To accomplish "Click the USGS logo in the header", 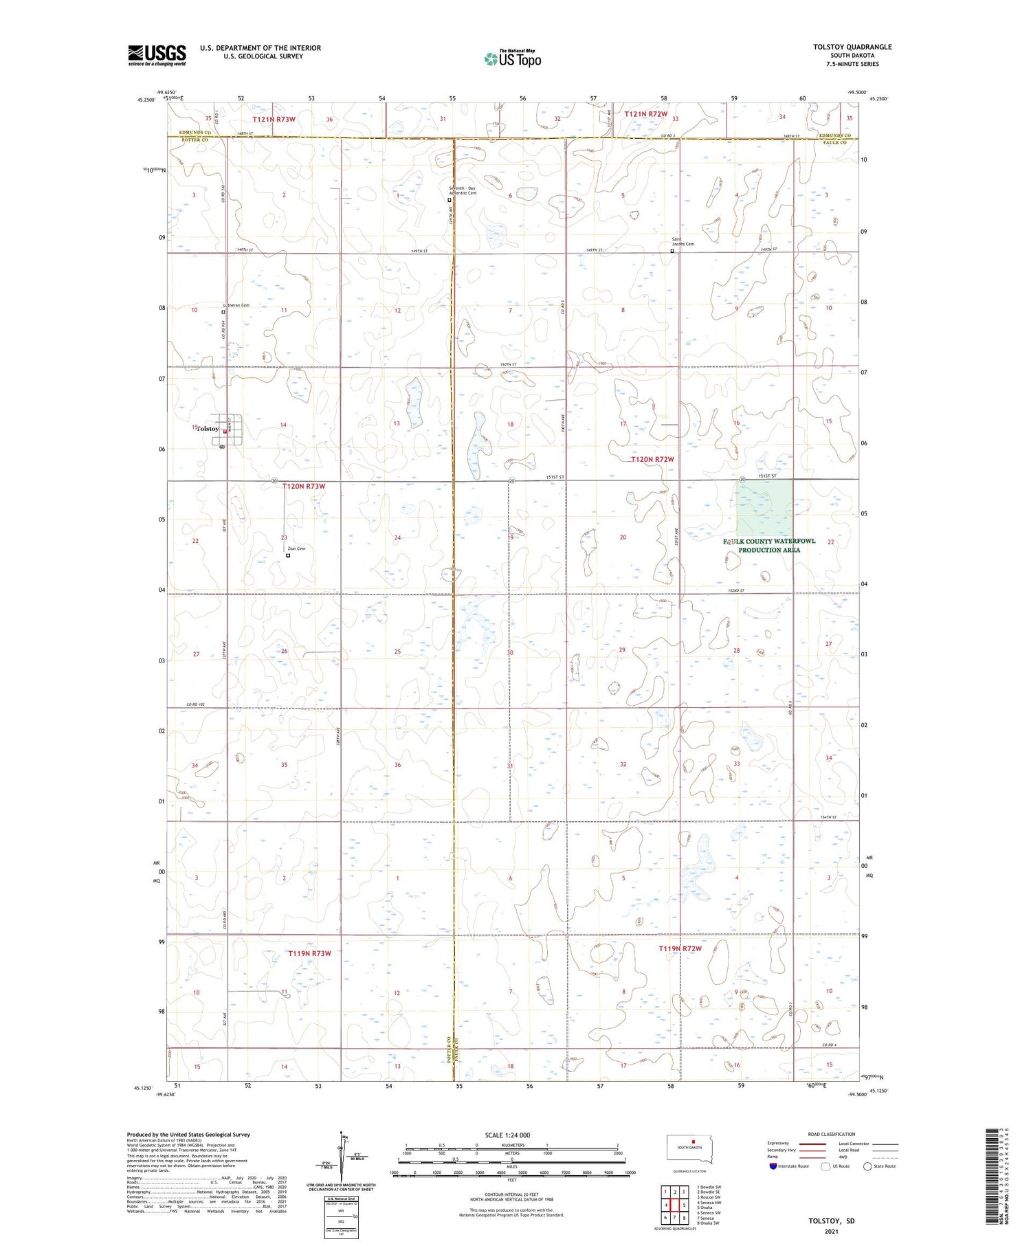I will click(157, 55).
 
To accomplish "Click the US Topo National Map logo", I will click(512, 58).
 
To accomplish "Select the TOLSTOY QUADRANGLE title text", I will click(852, 47).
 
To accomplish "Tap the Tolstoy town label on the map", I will click(208, 429).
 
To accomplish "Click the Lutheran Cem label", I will click(236, 305).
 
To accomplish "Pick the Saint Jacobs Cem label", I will click(683, 242).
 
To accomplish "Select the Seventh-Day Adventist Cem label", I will click(463, 190).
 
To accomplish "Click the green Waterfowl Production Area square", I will click(764, 507).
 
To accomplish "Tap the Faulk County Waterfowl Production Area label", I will click(769, 546).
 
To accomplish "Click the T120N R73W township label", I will click(303, 487).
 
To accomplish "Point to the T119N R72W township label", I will click(680, 949).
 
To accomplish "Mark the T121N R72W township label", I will click(645, 114).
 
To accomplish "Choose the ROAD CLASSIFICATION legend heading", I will click(832, 1134).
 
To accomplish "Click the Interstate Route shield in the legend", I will click(773, 1166).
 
